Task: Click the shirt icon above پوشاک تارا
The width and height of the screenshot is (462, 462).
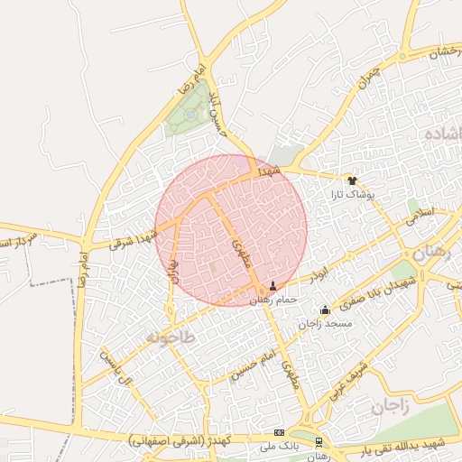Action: click(x=352, y=180)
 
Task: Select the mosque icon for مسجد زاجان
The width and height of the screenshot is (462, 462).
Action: click(x=325, y=310)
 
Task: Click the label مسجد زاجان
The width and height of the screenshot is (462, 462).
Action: click(x=326, y=324)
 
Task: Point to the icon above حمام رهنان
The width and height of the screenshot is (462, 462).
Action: click(x=273, y=285)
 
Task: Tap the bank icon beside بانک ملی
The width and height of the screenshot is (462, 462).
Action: click(x=279, y=433)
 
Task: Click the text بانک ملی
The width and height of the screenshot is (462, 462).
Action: click(x=279, y=447)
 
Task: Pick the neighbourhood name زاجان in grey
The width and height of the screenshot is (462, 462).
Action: click(x=389, y=408)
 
